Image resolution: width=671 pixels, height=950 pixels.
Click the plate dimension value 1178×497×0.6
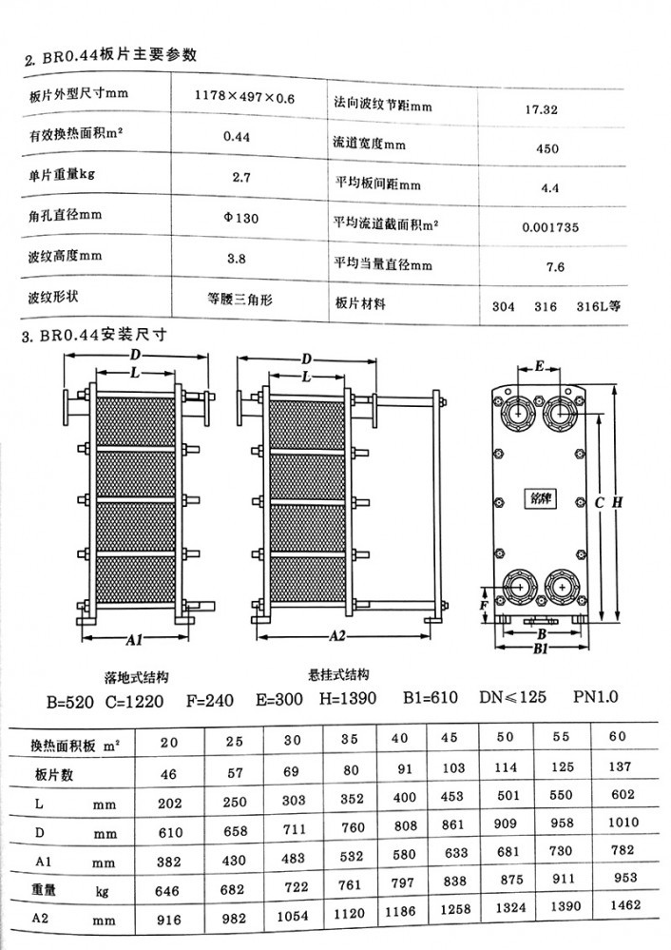click(x=244, y=96)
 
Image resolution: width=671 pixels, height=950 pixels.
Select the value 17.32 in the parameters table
click(x=542, y=109)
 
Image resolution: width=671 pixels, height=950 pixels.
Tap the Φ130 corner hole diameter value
click(x=241, y=218)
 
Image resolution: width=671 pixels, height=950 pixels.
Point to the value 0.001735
click(x=550, y=227)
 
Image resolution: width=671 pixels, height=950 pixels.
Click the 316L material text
click(x=599, y=306)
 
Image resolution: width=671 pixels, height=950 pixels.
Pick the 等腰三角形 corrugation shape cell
click(x=240, y=300)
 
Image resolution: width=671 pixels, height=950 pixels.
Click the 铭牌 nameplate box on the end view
click(x=540, y=499)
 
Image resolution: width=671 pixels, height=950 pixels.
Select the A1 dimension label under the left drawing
click(x=134, y=639)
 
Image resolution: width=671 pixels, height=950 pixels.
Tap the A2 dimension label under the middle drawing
click(x=337, y=636)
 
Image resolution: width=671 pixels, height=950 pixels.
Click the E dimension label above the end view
click(x=540, y=366)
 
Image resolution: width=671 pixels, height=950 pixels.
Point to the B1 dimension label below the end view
click(x=541, y=649)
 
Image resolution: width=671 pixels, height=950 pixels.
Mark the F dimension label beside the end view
click(x=483, y=605)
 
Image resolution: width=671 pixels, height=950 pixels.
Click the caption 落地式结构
click(x=136, y=677)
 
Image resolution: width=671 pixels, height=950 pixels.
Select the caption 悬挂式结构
click(x=339, y=674)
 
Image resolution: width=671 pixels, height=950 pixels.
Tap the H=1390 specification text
click(x=348, y=698)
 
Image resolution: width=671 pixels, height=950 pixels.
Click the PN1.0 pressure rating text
click(x=596, y=697)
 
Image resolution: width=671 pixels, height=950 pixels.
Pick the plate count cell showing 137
click(x=620, y=766)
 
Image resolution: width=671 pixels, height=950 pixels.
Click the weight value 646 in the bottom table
click(x=166, y=891)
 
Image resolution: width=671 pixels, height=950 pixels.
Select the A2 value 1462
click(x=625, y=904)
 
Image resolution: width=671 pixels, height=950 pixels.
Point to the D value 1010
click(x=623, y=823)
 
